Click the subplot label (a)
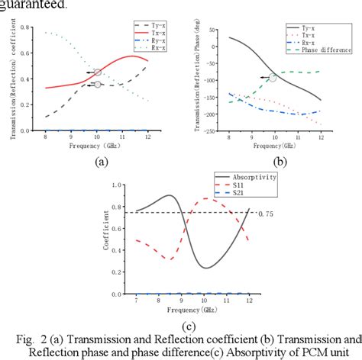[x=100, y=161]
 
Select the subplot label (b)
[x=280, y=161]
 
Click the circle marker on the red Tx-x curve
[x=96, y=72]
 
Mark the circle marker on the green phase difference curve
[x=273, y=77]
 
